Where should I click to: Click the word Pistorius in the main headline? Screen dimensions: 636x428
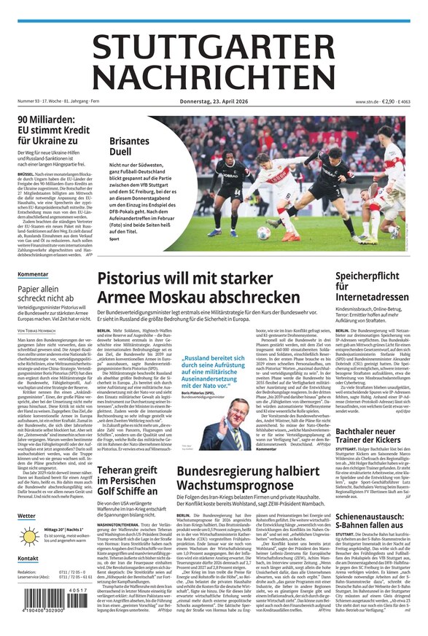click(139, 278)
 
